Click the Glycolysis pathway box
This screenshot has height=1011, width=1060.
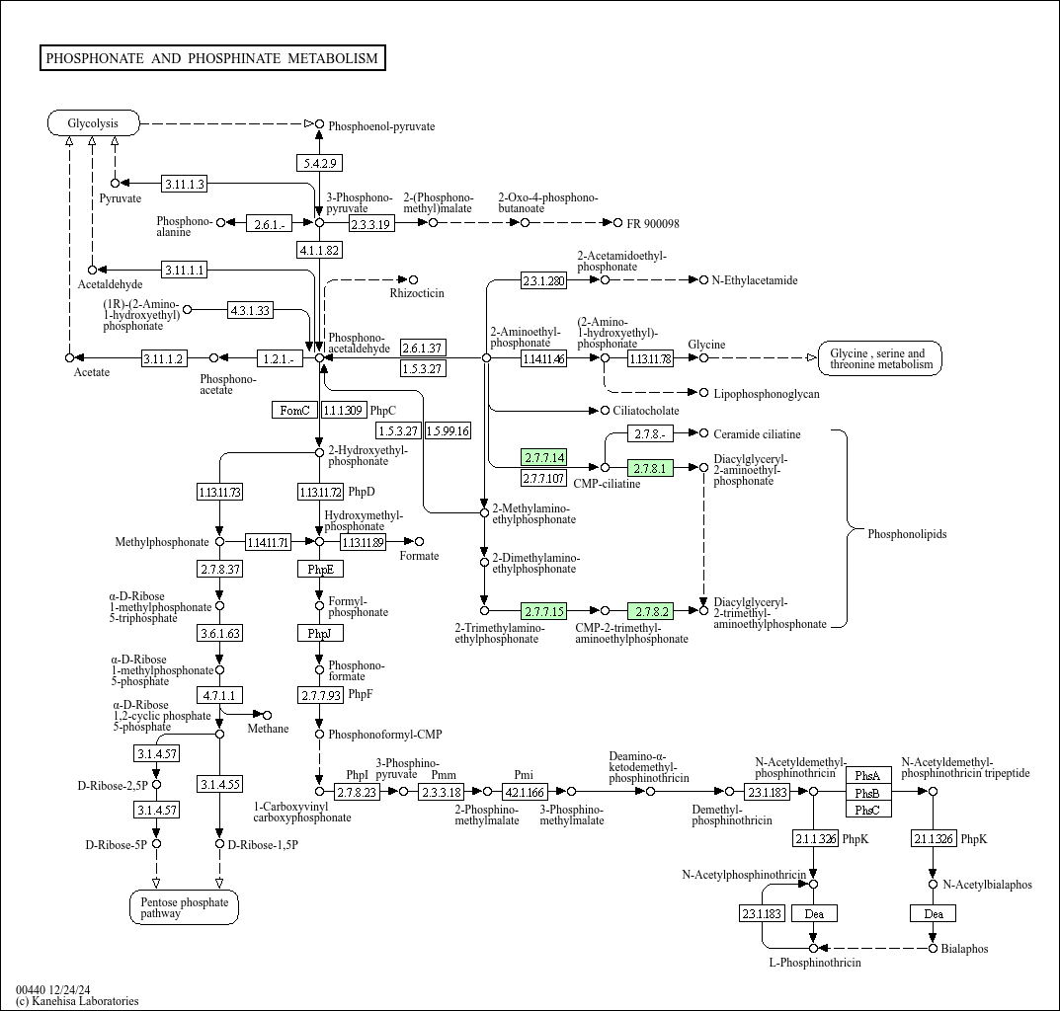point(93,123)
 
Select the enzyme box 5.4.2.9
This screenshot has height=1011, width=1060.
point(319,163)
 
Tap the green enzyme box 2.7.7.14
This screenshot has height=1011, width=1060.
point(543,457)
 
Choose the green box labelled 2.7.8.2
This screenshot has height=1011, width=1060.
point(652,612)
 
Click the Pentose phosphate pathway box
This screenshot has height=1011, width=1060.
point(184,907)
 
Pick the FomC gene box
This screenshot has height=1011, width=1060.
point(294,410)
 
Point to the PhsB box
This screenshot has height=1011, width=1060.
point(867,793)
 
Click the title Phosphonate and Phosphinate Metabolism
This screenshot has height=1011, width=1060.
point(212,58)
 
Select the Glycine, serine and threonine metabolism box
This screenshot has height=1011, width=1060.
point(880,358)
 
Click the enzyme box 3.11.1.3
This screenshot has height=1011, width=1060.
point(184,184)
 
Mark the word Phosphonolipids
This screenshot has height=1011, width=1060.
point(907,534)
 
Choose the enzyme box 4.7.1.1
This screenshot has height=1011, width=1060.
point(219,695)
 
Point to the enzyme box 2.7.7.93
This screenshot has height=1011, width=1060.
point(320,695)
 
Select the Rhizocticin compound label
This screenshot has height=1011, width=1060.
point(416,293)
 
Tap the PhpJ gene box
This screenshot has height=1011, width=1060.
point(319,633)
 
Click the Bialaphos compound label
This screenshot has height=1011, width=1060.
point(964,949)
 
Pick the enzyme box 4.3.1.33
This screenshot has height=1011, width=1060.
point(249,310)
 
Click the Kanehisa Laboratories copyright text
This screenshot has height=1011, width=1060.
point(77,1001)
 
